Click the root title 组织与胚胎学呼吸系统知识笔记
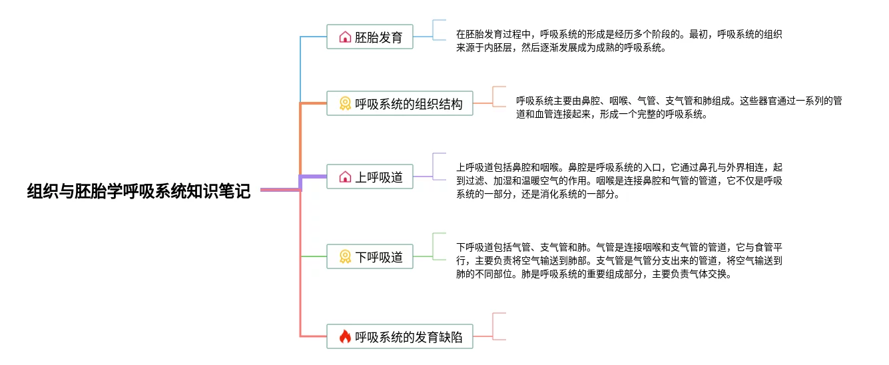[x=139, y=191]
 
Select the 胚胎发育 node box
[x=370, y=37]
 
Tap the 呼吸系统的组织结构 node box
[x=400, y=103]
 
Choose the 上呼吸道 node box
[x=370, y=177]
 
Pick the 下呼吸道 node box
[x=370, y=256]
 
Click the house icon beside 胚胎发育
[x=345, y=37]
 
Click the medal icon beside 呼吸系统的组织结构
[x=345, y=103]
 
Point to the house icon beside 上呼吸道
[x=345, y=177]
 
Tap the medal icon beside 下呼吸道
[x=345, y=256]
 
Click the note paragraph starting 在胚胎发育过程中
[x=619, y=41]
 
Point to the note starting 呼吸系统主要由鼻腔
[x=679, y=107]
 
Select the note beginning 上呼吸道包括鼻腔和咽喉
[x=619, y=181]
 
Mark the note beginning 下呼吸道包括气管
[x=619, y=260]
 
